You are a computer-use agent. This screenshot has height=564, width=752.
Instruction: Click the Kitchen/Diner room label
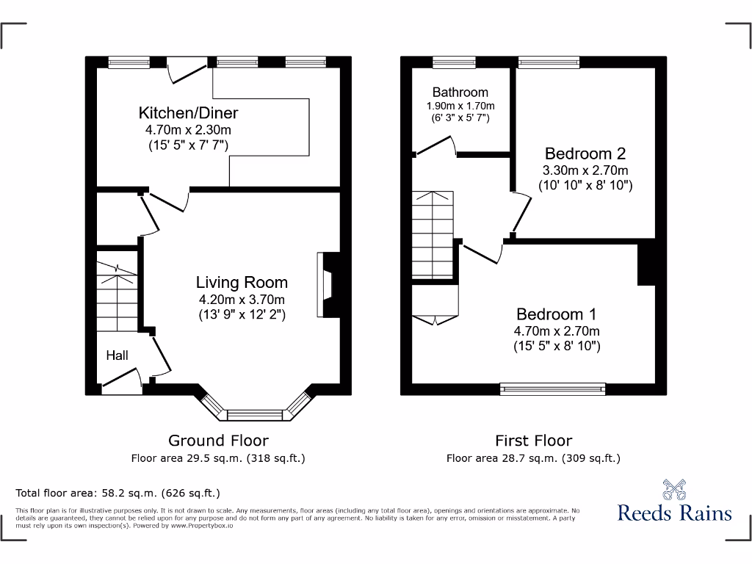click(x=188, y=113)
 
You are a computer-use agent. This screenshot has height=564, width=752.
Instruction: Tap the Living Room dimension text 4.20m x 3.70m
click(x=242, y=299)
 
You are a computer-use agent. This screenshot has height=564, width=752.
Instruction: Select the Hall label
click(x=117, y=355)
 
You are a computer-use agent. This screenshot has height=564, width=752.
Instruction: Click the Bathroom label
click(x=460, y=93)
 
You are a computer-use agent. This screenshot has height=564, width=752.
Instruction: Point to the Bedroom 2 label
click(x=585, y=153)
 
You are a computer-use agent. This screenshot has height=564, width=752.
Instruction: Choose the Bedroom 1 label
click(x=557, y=313)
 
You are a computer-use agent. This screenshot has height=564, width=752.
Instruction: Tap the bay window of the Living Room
click(x=256, y=413)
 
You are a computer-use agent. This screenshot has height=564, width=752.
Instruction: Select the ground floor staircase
click(x=117, y=297)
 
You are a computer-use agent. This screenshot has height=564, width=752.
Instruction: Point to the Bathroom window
click(x=453, y=62)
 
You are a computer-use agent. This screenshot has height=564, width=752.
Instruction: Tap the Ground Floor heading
click(x=218, y=441)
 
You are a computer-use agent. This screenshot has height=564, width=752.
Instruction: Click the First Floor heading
click(x=533, y=441)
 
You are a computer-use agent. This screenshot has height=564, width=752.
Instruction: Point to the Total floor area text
click(x=117, y=493)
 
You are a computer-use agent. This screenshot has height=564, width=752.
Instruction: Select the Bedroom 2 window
click(x=548, y=62)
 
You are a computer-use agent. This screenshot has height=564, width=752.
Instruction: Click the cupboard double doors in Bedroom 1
click(x=435, y=319)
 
